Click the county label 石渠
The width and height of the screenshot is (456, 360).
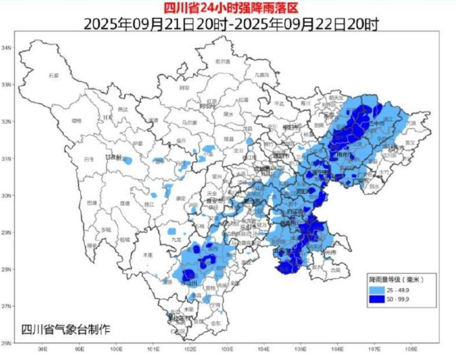point(54,75)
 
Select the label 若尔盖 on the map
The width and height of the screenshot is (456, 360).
point(222,61)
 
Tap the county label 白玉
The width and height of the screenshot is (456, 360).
point(88,159)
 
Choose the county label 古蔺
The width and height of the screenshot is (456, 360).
point(335,269)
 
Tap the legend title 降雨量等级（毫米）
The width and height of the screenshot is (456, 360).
point(396,280)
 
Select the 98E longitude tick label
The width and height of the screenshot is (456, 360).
point(42,349)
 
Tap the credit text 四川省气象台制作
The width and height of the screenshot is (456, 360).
point(66,329)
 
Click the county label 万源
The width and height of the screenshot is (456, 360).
point(411,122)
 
